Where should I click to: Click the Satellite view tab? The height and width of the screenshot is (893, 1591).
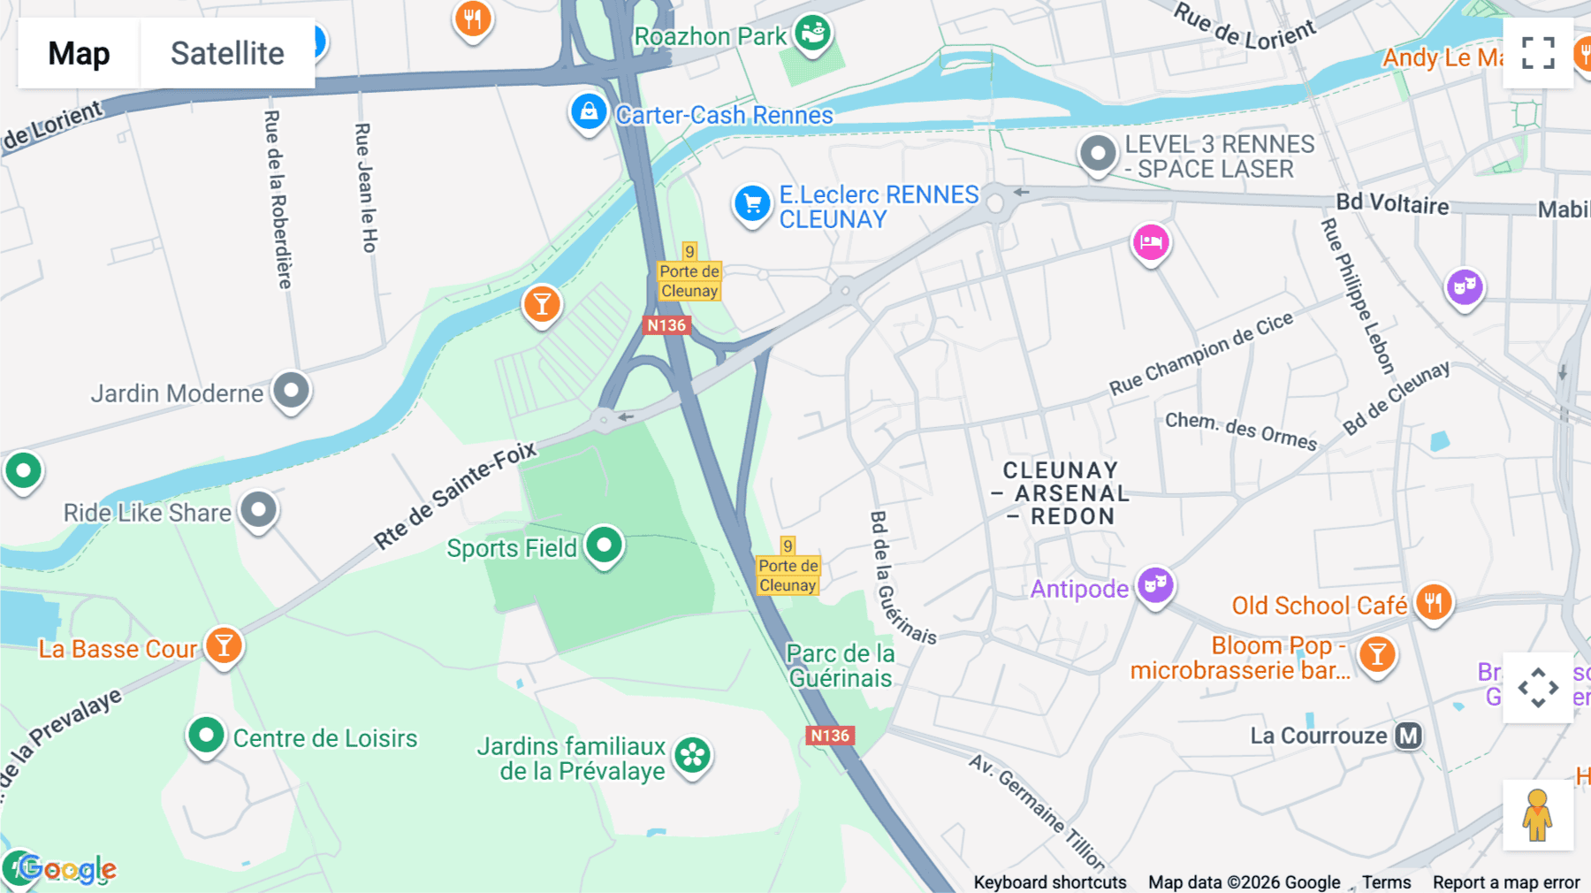click(x=227, y=53)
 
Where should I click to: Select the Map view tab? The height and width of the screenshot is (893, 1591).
click(x=79, y=53)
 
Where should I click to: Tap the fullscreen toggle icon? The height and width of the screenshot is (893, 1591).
click(x=1538, y=53)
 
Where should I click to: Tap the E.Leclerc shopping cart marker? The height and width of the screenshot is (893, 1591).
click(x=752, y=204)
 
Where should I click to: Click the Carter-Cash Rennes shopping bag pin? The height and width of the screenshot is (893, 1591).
click(x=589, y=112)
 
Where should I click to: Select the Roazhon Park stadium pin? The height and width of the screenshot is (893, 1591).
click(x=812, y=34)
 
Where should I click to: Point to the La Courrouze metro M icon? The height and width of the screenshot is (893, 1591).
click(x=1408, y=736)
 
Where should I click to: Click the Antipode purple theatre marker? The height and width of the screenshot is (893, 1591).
click(x=1155, y=585)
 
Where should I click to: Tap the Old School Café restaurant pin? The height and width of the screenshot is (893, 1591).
click(x=1434, y=603)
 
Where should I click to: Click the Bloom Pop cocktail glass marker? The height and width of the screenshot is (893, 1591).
click(x=1377, y=655)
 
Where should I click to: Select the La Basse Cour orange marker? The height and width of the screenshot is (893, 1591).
click(x=225, y=646)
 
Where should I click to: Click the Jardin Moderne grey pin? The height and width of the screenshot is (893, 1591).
click(x=291, y=390)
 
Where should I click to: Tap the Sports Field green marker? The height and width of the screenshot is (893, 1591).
click(x=605, y=546)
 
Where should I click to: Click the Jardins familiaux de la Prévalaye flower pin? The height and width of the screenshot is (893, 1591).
click(x=693, y=755)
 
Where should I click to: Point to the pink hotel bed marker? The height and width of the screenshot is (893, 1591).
click(x=1151, y=241)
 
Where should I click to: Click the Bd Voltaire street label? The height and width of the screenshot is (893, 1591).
click(x=1391, y=204)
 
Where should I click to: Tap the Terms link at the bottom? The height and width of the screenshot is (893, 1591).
click(x=1386, y=882)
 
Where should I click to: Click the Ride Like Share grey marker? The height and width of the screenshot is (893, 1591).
click(x=258, y=510)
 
